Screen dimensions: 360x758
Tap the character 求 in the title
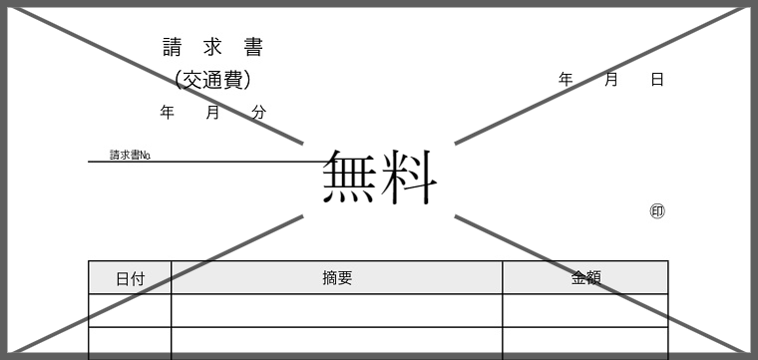click(x=212, y=47)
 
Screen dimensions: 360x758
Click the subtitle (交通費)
click(x=212, y=80)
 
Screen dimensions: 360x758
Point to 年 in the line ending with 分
click(x=168, y=113)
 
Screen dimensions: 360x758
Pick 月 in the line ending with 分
click(x=212, y=113)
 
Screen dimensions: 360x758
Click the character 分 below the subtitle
click(x=258, y=113)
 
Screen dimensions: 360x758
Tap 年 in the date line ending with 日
click(x=566, y=80)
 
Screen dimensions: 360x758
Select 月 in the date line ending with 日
click(x=611, y=80)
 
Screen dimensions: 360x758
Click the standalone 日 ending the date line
click(x=657, y=80)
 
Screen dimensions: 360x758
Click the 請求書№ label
click(x=130, y=156)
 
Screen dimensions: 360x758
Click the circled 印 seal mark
click(x=657, y=211)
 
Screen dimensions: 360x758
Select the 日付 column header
click(x=130, y=278)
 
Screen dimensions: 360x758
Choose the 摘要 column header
click(x=337, y=278)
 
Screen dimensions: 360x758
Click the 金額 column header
click(x=585, y=278)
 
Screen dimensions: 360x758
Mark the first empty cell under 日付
click(x=130, y=310)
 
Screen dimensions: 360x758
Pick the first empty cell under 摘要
click(x=337, y=310)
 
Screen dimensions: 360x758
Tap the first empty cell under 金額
click(x=585, y=310)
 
